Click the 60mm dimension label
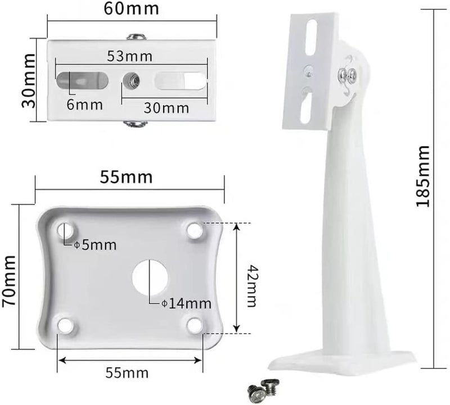[x=131, y=8]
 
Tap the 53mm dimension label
[x=129, y=56]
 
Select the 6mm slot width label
[x=85, y=104]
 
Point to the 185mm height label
[x=423, y=176]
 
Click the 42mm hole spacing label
[x=251, y=286]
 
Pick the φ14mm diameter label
[x=186, y=303]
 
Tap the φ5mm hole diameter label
[x=95, y=245]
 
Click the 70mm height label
[x=8, y=281]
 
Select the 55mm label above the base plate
[x=126, y=177]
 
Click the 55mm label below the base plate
[x=127, y=373]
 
